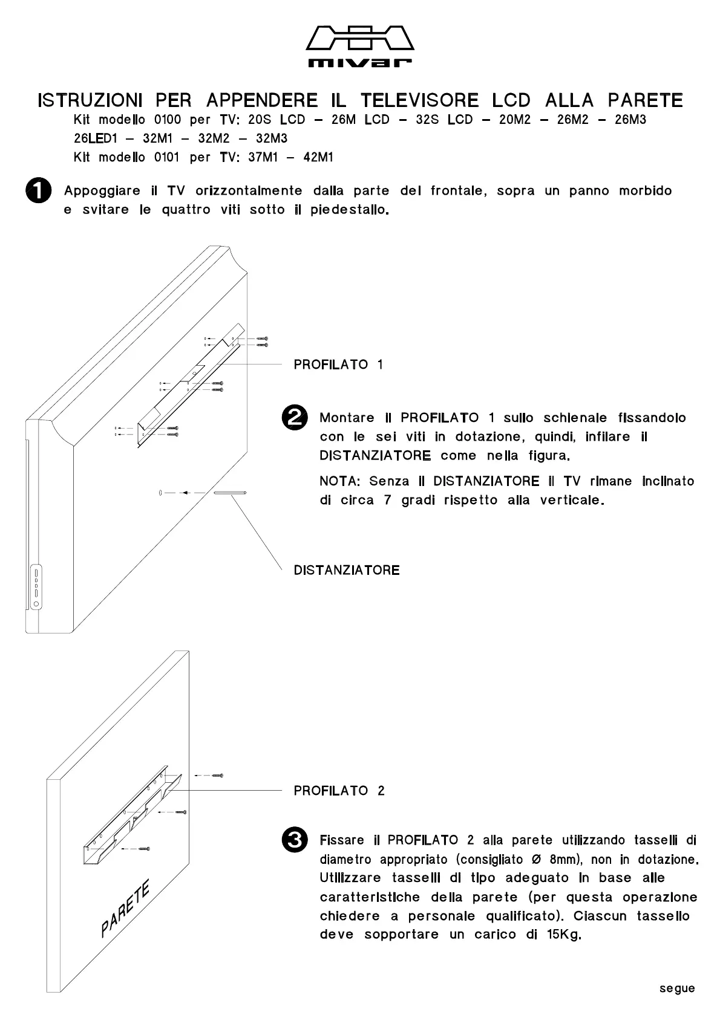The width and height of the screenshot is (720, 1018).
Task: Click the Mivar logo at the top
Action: click(x=360, y=46)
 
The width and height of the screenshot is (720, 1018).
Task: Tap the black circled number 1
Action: click(x=38, y=190)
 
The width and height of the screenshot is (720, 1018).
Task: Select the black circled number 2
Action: click(x=295, y=418)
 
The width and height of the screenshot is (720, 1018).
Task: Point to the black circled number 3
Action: click(x=295, y=840)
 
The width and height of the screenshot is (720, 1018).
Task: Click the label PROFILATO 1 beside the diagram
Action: click(x=338, y=365)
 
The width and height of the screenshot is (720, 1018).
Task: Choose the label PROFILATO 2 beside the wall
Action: click(x=339, y=791)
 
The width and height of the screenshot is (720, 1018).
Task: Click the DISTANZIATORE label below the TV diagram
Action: click(x=347, y=570)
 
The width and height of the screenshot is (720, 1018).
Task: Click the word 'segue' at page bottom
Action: click(x=677, y=988)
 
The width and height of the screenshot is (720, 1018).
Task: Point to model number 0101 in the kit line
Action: click(x=168, y=157)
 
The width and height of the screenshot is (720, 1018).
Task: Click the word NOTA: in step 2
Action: click(x=339, y=481)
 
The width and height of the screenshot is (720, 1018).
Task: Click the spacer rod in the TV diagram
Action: click(x=230, y=493)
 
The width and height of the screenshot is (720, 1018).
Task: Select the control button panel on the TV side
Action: click(x=36, y=587)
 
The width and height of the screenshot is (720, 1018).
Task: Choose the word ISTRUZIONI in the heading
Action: click(x=90, y=100)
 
